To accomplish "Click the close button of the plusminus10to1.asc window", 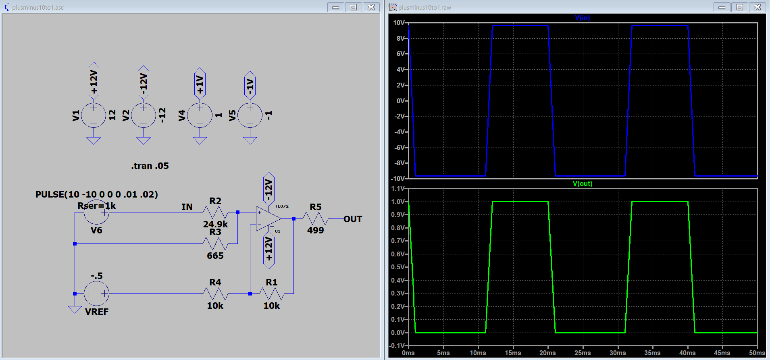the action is pyautogui.click(x=371, y=7).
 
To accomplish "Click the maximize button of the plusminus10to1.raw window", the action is pyautogui.click(x=740, y=7).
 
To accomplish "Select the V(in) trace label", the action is pyautogui.click(x=583, y=18).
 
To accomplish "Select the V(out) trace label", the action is pyautogui.click(x=583, y=184).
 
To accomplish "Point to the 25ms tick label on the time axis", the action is pyautogui.click(x=583, y=353).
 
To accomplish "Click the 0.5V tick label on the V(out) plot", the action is pyautogui.click(x=398, y=267).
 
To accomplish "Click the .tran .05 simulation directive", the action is pyautogui.click(x=150, y=166).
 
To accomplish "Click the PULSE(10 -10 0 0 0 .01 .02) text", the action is pyautogui.click(x=97, y=194).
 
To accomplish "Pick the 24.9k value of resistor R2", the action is pyautogui.click(x=215, y=224).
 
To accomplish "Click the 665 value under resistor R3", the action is pyautogui.click(x=215, y=256).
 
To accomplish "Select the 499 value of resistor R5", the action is pyautogui.click(x=316, y=230).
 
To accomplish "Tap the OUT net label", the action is pyautogui.click(x=353, y=219).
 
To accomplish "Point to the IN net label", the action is pyautogui.click(x=187, y=207).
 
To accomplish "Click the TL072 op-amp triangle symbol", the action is pyautogui.click(x=268, y=219).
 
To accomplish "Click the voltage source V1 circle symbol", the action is pyautogui.click(x=94, y=115).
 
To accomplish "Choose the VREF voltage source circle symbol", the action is pyautogui.click(x=97, y=293).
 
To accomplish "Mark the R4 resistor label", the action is pyautogui.click(x=215, y=282).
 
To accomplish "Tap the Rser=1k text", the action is pyautogui.click(x=97, y=206).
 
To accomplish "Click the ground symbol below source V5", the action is pyautogui.click(x=250, y=140).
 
